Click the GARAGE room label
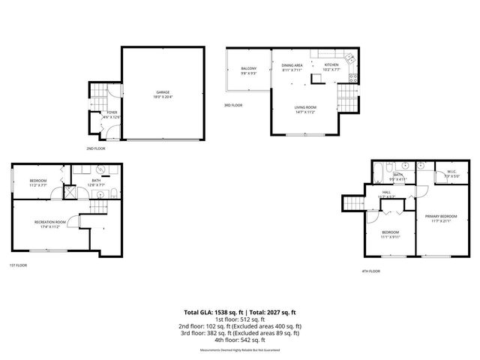coord(163,92)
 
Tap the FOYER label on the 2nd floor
coord(111,113)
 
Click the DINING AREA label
coord(292,66)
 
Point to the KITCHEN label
coord(331,65)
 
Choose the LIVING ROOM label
coord(305,107)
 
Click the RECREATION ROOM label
coord(50,222)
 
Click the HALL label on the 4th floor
coord(386,192)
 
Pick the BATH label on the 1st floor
coord(96,180)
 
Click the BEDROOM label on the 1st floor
coord(38,181)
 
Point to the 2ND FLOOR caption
coord(95,148)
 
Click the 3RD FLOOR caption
coord(232,105)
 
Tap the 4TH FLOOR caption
coord(370,271)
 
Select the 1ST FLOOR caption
coord(19,265)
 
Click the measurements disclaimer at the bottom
coord(240,350)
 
